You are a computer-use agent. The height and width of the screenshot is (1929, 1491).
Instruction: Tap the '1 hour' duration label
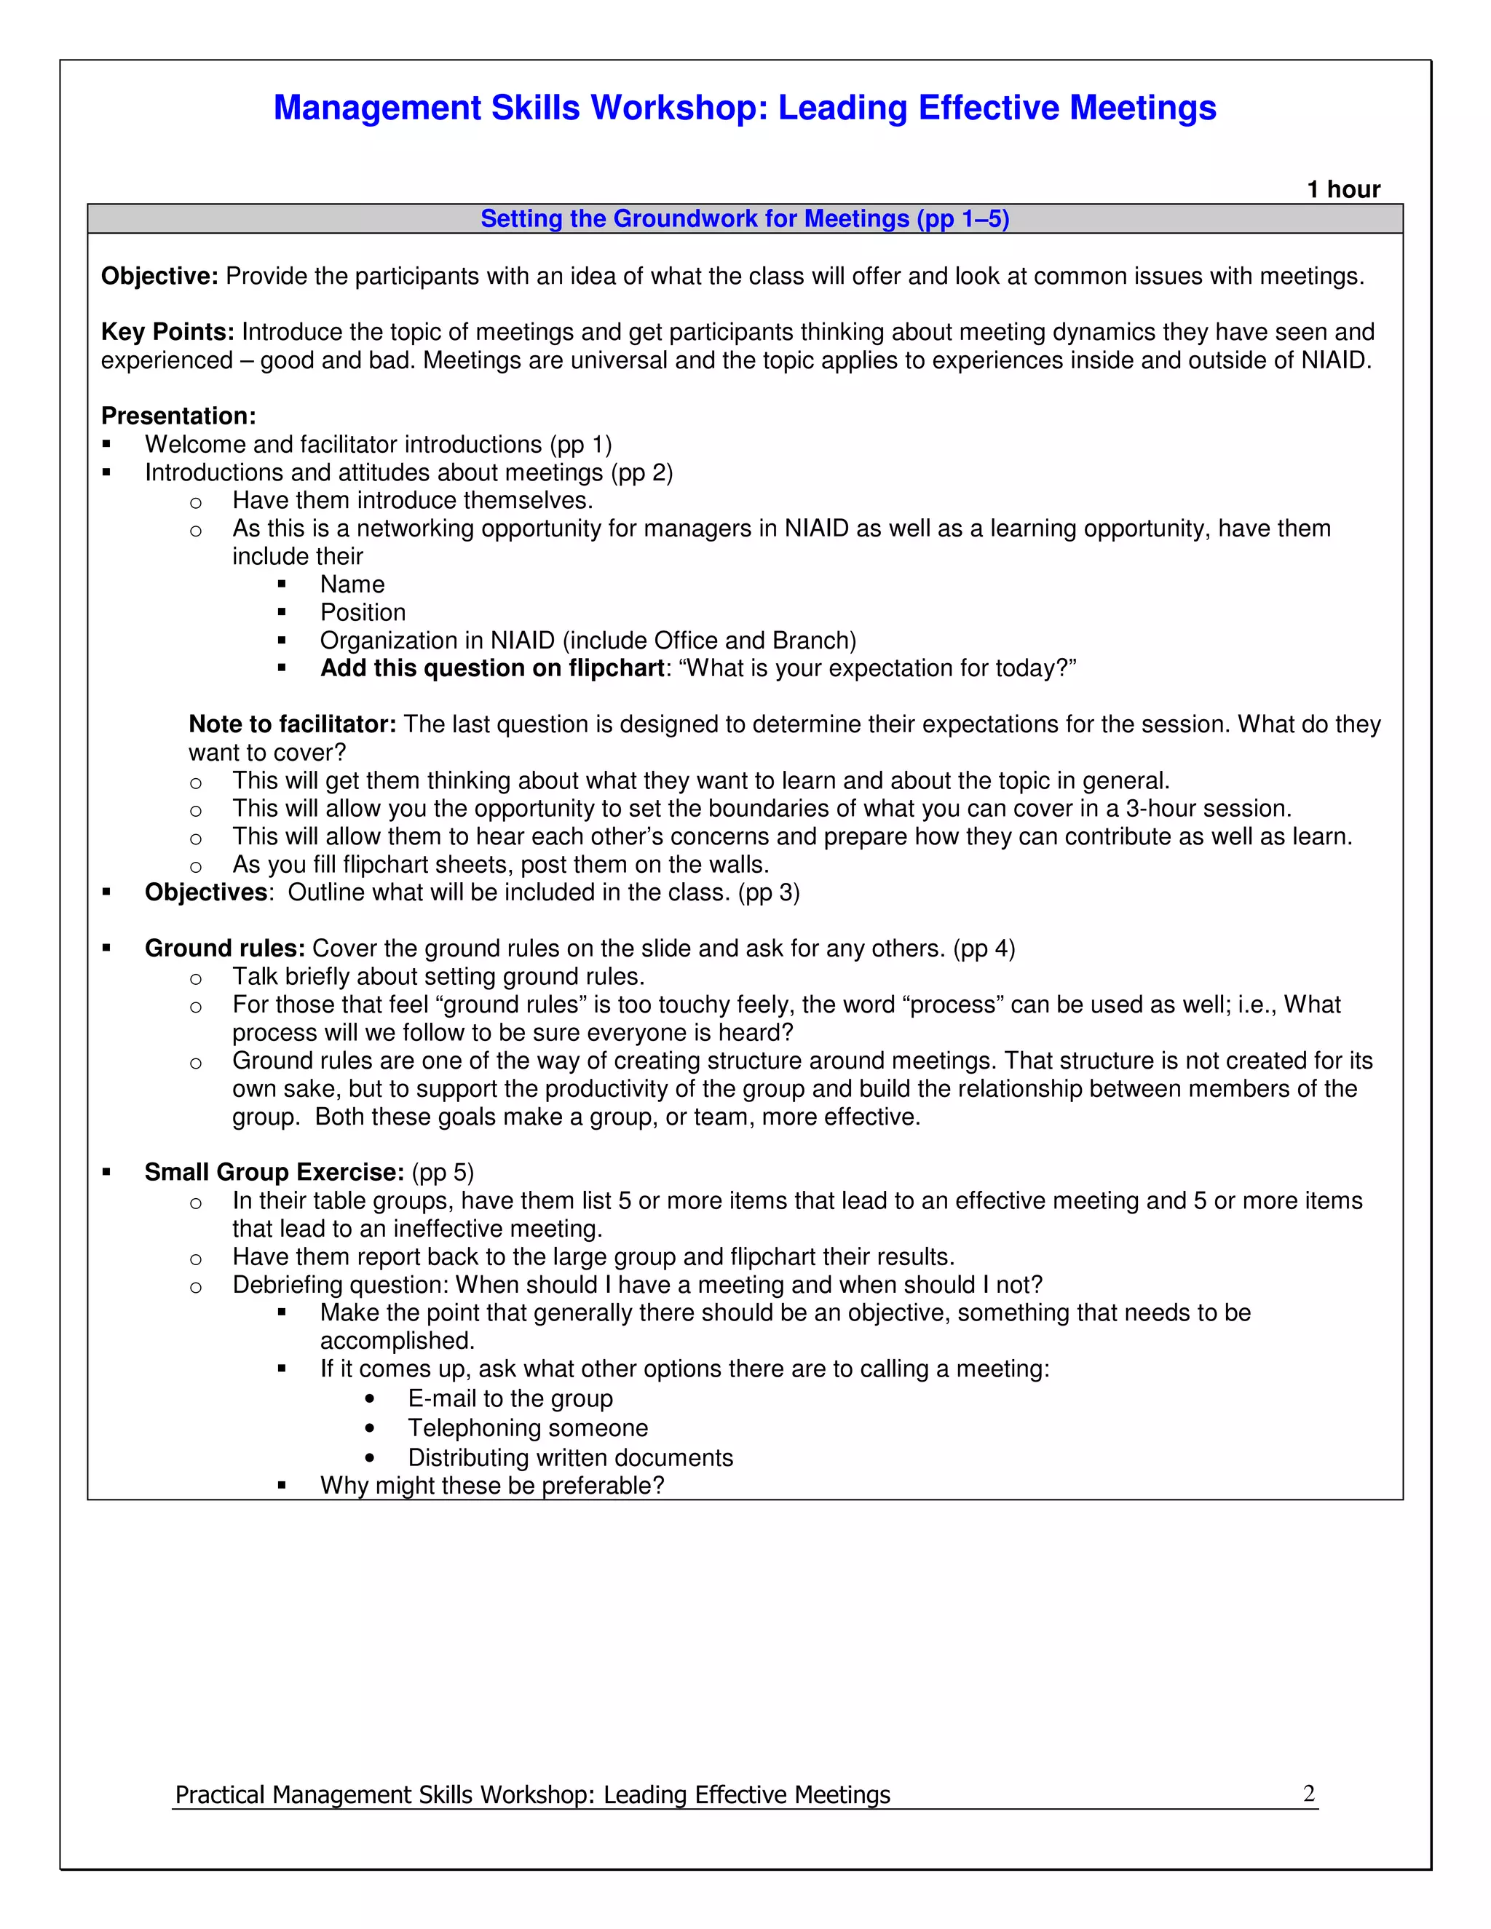click(x=1342, y=190)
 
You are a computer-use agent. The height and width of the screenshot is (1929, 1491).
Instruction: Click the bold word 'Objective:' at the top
click(x=159, y=277)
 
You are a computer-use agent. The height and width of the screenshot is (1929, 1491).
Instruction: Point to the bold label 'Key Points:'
click(x=167, y=332)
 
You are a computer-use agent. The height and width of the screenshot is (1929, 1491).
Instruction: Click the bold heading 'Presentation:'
click(x=178, y=416)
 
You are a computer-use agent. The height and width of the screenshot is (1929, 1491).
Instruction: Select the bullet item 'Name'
click(x=352, y=585)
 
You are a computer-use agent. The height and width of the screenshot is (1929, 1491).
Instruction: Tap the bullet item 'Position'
click(x=362, y=613)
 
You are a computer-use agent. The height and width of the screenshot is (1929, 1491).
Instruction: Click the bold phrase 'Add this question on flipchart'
click(x=492, y=669)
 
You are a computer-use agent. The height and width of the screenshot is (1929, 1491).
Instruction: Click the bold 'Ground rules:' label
click(x=224, y=948)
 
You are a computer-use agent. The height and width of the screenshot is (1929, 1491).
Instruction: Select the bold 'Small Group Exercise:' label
click(x=274, y=1173)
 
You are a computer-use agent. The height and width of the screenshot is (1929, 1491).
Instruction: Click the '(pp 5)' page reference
click(x=443, y=1173)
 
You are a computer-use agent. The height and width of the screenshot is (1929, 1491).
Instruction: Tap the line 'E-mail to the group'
click(x=510, y=1399)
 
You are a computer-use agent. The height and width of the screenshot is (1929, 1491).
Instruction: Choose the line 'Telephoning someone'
click(x=527, y=1428)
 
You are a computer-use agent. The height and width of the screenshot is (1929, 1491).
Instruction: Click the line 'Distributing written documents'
click(x=570, y=1458)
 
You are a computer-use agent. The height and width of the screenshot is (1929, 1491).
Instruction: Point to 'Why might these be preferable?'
click(x=491, y=1486)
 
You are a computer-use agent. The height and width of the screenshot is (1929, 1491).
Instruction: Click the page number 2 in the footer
click(x=1308, y=1794)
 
